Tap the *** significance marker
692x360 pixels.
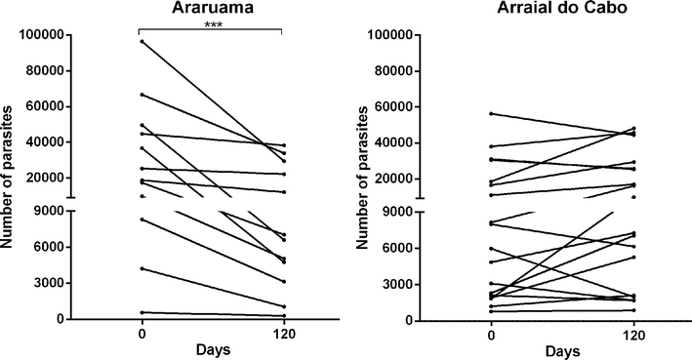tap(211, 25)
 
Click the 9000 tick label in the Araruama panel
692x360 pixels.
tap(44, 211)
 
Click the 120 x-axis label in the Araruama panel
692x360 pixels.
tap(281, 334)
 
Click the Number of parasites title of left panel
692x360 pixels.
tap(9, 176)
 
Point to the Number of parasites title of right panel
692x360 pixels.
tap(360, 176)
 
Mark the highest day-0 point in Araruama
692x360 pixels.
tap(142, 41)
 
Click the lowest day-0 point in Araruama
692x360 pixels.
tap(142, 312)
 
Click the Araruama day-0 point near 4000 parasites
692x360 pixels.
tap(142, 268)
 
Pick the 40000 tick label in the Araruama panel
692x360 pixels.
tap(40, 142)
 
